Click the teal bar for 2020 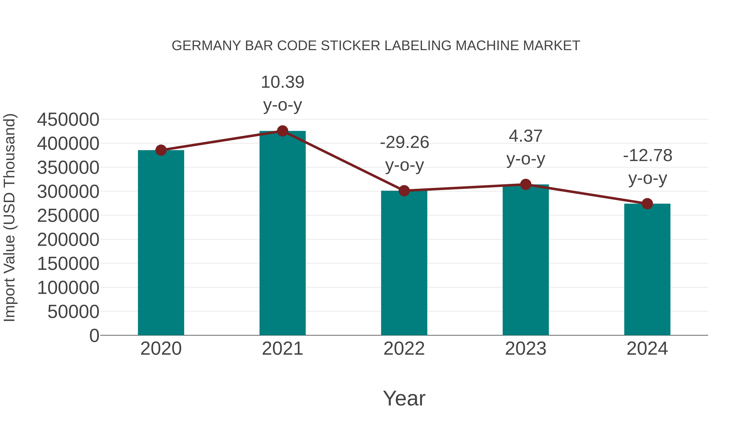point(161,242)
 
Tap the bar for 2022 point(404,263)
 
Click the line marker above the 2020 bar point(161,150)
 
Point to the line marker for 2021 point(282,131)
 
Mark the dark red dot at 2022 point(404,191)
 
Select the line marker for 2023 point(526,184)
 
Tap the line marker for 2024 point(647,204)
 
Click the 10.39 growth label point(282,82)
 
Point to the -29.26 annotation point(404,142)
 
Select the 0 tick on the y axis point(94,335)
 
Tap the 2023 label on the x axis point(526,349)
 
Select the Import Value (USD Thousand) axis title point(9,217)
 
